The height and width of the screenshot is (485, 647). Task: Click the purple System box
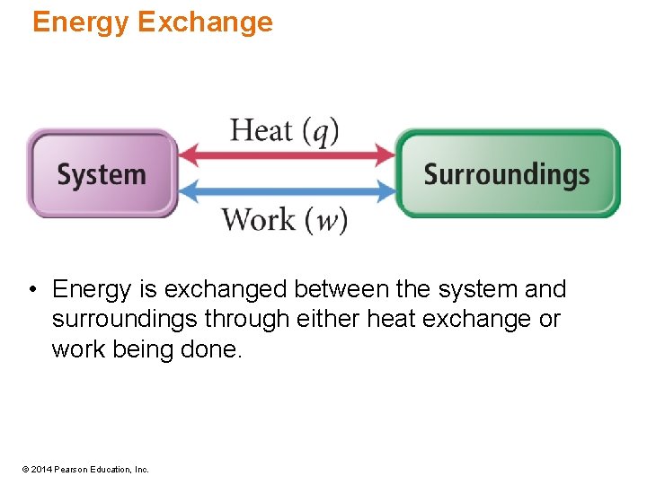coord(102,173)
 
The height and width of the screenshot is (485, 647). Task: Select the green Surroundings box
coord(507,173)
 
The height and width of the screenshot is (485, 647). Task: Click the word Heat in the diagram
coord(261,130)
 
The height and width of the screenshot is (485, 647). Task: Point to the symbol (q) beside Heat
coord(321,131)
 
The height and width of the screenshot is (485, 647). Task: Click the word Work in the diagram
coord(258,219)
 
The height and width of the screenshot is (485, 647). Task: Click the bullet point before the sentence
coord(31,290)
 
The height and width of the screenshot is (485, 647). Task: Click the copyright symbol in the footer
coord(25,469)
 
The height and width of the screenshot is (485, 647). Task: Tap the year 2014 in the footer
coord(40,469)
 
